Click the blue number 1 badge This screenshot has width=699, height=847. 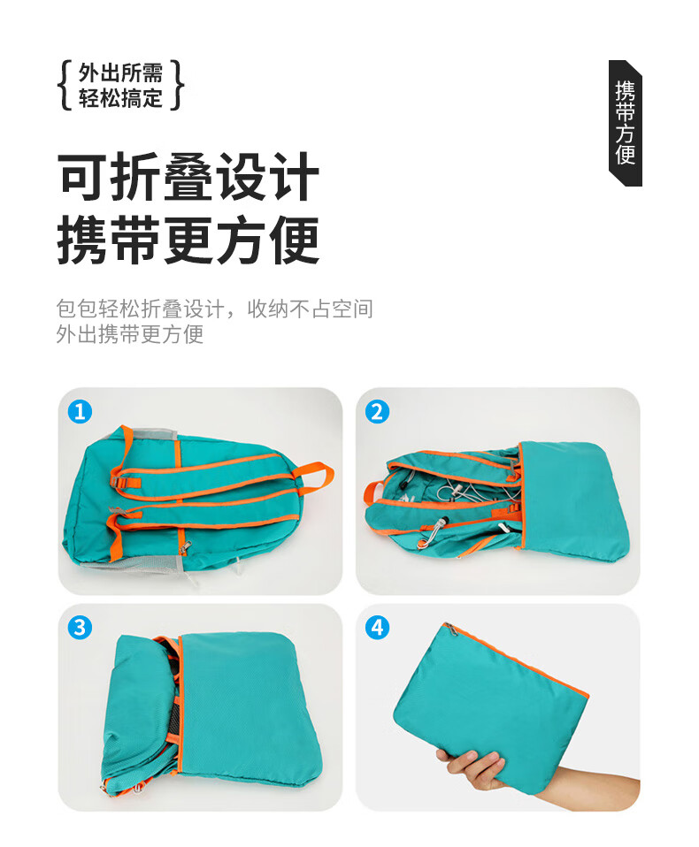click(x=80, y=412)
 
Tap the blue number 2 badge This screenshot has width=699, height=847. click(x=377, y=412)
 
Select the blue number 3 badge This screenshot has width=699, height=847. click(x=80, y=628)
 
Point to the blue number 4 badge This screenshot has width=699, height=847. click(x=377, y=628)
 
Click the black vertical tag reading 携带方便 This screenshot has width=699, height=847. click(x=625, y=123)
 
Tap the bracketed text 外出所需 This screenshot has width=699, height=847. click(x=120, y=72)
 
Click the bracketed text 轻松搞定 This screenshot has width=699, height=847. click(x=120, y=98)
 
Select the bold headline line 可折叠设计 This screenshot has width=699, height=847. click(x=188, y=177)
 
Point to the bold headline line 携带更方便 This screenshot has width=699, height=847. click(x=188, y=240)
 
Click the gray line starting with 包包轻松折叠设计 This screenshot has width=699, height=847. click(x=215, y=309)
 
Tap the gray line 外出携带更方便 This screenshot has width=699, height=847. click(x=130, y=334)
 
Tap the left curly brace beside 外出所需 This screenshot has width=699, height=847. click(x=65, y=86)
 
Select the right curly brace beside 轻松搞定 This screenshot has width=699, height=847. click(x=177, y=86)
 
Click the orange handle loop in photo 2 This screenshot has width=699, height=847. click(x=374, y=493)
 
